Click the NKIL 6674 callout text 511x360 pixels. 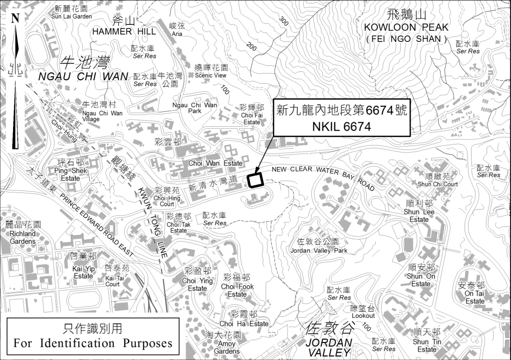click(x=341, y=127)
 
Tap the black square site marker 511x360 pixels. click(x=255, y=180)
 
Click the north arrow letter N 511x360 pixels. click(x=15, y=19)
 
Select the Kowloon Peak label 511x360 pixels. click(x=406, y=27)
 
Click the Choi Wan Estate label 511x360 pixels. click(x=216, y=163)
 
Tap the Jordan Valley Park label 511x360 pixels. click(x=319, y=250)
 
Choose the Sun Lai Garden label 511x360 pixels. click(x=72, y=16)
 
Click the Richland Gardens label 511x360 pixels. click(x=23, y=237)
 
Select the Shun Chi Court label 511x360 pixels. click(x=438, y=184)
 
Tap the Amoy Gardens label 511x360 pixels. click(x=227, y=348)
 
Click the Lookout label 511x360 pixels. click(x=363, y=316)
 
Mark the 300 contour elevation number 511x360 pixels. click(x=284, y=21)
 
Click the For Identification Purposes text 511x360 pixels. click(x=93, y=343)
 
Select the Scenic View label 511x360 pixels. click(x=211, y=75)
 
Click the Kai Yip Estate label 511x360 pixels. click(x=83, y=272)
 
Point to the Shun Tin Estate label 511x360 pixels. click(x=427, y=346)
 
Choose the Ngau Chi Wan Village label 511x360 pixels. click(x=102, y=116)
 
